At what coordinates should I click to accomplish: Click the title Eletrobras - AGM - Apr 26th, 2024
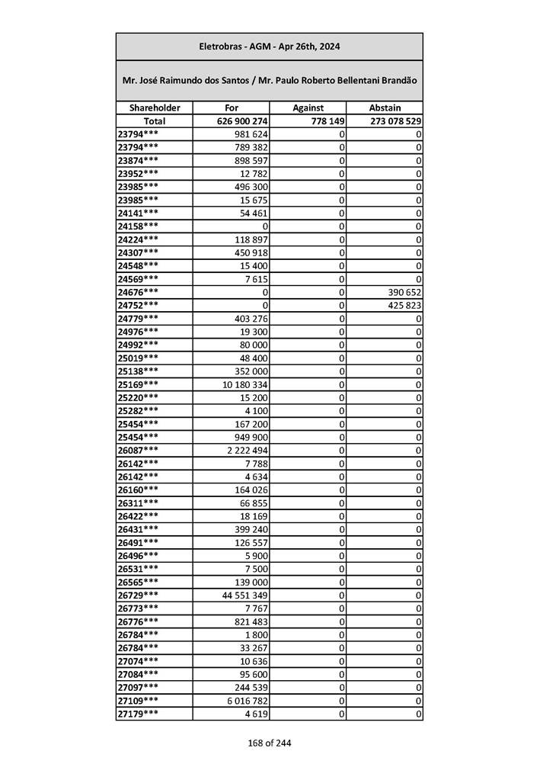[269, 47]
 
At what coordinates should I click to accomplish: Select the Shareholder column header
[154, 108]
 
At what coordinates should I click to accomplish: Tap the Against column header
[308, 108]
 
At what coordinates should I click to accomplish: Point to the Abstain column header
[385, 108]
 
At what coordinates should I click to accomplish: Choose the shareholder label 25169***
[139, 384]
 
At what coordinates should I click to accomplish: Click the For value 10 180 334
[244, 384]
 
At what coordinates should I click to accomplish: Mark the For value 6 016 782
[248, 701]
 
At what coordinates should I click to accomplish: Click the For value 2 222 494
[248, 450]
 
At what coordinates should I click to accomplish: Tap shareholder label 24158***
[139, 226]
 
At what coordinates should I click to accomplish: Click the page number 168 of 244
[270, 743]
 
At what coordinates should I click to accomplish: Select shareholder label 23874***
[139, 161]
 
